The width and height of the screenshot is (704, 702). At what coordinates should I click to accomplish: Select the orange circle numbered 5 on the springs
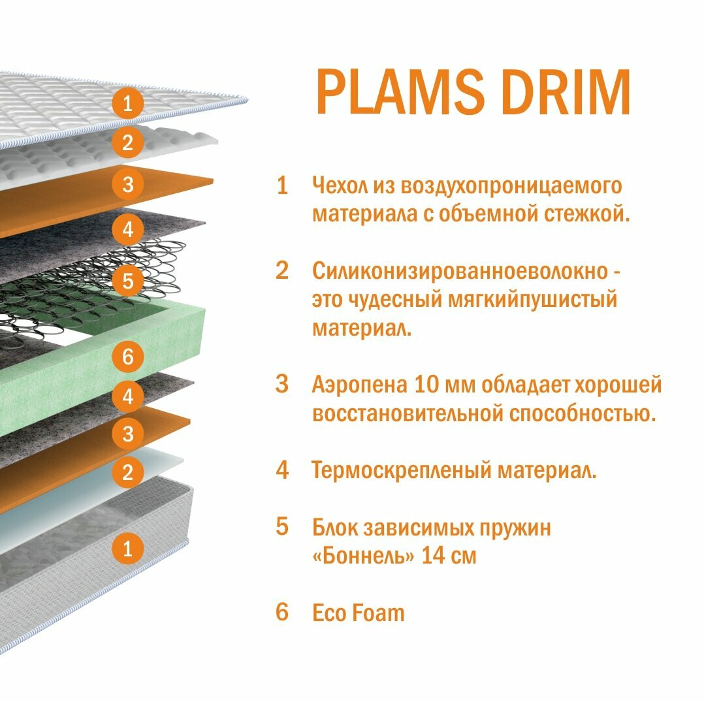coord(127,281)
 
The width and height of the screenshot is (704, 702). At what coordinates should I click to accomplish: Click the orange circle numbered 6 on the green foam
coord(127,357)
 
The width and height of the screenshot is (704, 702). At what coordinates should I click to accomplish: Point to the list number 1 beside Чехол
coord(282,186)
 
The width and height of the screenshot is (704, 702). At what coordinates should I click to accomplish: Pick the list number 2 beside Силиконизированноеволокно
coord(282,271)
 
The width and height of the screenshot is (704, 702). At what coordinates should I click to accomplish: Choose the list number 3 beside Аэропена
coord(282,385)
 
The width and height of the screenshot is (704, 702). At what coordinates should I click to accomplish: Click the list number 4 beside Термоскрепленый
coord(282,470)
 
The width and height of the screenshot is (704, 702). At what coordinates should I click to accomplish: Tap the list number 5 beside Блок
coord(282,527)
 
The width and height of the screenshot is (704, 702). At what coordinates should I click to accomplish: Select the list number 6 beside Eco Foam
coord(282,613)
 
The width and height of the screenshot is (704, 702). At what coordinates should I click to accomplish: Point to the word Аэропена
coord(359,385)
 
